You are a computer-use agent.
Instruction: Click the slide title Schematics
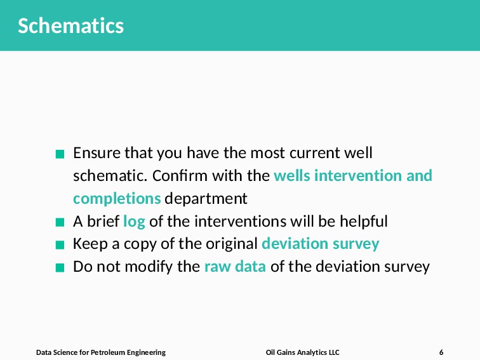pos(70,25)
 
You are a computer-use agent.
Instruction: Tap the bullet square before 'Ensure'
pos(60,154)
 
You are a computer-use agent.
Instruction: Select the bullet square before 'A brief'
pos(60,222)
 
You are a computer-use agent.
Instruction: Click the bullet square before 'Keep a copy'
pos(60,245)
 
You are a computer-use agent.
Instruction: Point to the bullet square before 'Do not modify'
pos(60,267)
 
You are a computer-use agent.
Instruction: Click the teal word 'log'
pos(134,222)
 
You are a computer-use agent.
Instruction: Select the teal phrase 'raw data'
pos(235,266)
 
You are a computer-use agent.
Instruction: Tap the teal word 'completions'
pos(117,199)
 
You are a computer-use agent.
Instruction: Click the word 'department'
pos(206,199)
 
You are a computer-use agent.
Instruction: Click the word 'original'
pos(232,244)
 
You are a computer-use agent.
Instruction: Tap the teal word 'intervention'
pos(358,176)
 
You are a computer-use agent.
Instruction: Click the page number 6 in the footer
pos(441,352)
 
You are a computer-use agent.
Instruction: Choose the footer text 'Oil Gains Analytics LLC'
pos(302,352)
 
